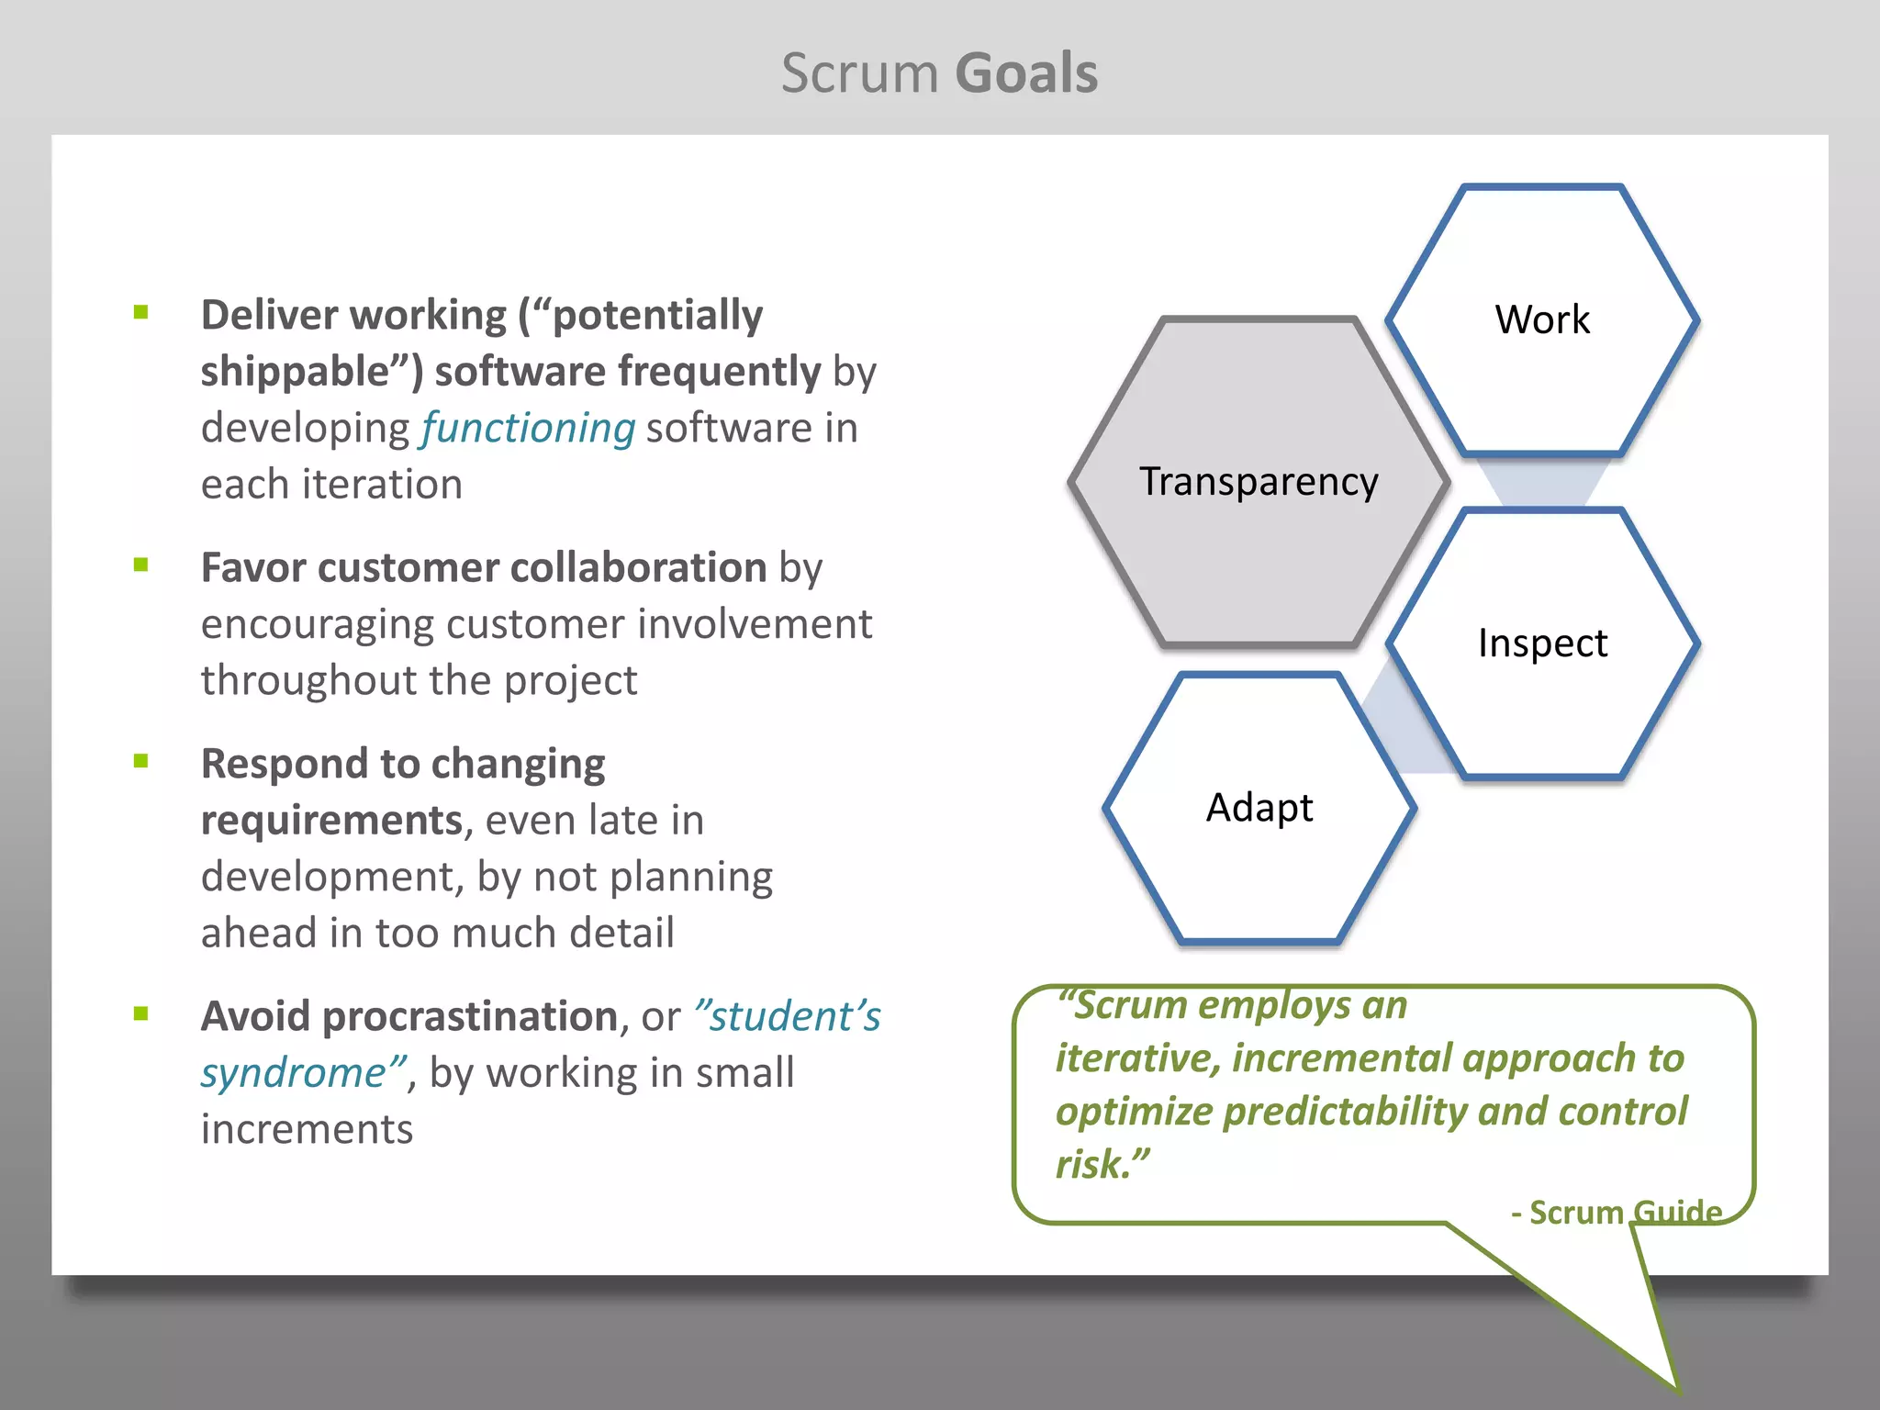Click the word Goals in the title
1026,73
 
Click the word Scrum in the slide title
859,73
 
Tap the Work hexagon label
1542,319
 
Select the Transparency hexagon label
1259,482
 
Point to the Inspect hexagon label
1542,643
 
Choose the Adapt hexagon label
1259,808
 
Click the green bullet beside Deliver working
140,312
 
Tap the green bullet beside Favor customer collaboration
140,565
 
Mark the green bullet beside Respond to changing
140,761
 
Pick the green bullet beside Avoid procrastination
140,1013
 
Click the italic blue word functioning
528,429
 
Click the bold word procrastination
470,1016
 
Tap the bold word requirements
331,820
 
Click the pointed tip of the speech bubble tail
1676,1388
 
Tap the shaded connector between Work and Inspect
1542,481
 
